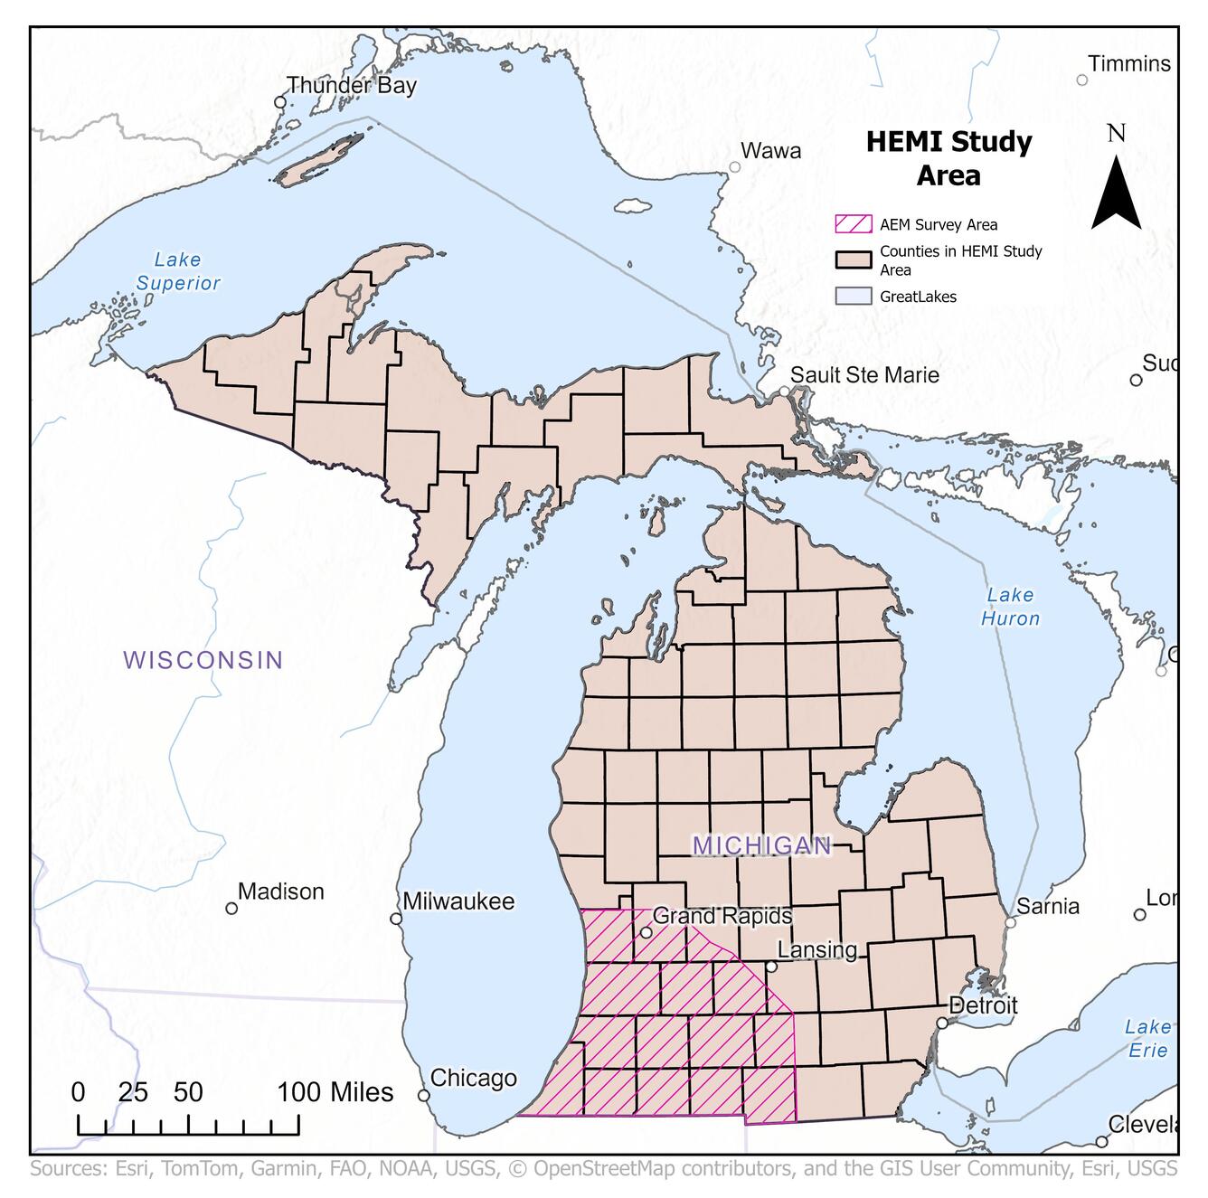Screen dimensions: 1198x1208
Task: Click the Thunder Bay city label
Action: point(351,86)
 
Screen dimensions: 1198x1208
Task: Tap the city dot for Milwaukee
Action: point(396,919)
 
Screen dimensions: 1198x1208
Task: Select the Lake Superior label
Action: point(178,271)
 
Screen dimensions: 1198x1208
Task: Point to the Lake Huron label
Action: point(1010,607)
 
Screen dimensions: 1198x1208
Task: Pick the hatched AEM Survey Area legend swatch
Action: point(853,224)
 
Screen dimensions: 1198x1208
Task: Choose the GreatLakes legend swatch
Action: point(853,296)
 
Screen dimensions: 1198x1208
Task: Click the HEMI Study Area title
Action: point(948,158)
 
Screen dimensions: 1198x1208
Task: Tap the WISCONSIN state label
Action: point(203,660)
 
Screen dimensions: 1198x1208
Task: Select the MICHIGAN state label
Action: point(761,845)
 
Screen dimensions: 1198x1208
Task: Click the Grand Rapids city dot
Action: point(646,933)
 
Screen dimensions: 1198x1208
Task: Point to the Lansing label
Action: point(817,949)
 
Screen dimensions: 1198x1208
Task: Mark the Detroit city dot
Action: point(942,1023)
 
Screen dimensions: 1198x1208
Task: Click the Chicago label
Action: point(473,1078)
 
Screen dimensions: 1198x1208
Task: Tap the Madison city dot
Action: point(231,908)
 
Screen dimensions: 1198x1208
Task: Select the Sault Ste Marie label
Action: point(864,375)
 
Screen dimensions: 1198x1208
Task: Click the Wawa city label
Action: point(770,151)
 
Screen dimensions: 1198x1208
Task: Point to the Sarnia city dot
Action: point(1011,922)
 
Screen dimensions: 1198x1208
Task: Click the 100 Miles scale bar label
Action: point(335,1092)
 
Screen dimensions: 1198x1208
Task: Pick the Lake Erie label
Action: point(1147,1039)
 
